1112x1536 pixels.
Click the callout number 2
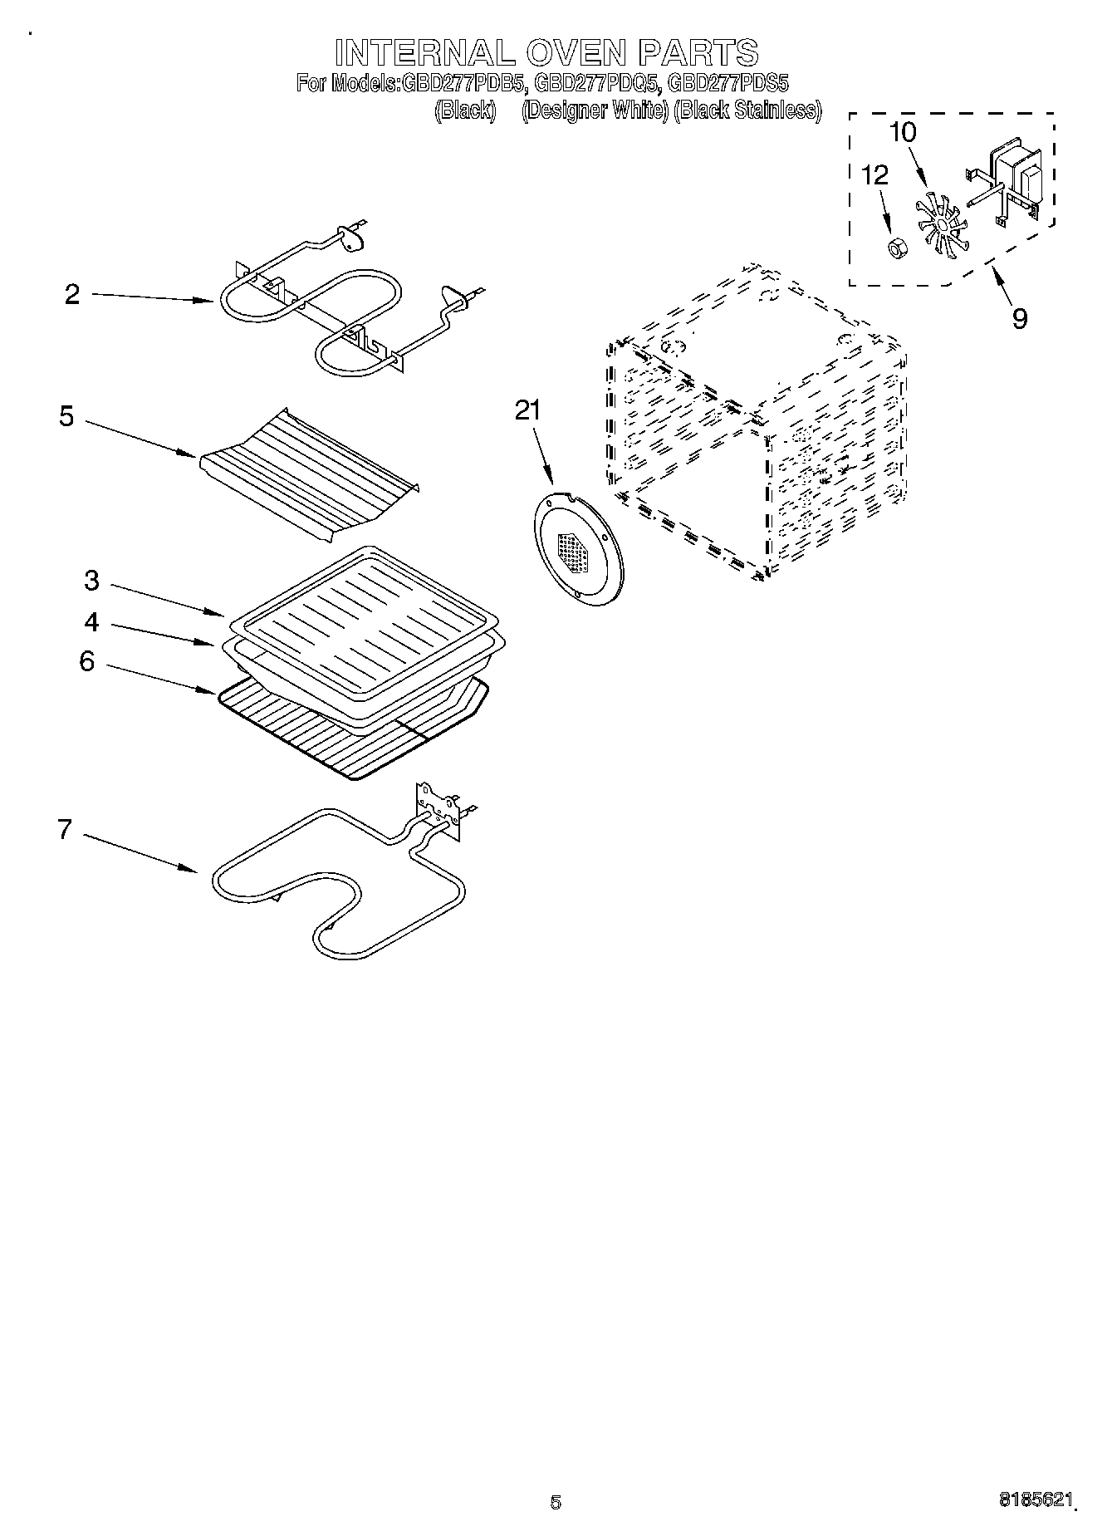[x=72, y=295]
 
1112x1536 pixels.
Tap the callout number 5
[x=66, y=416]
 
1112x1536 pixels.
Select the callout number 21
[x=527, y=410]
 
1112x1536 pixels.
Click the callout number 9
[x=1019, y=318]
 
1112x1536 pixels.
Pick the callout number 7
[x=65, y=829]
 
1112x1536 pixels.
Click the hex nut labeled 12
[x=895, y=247]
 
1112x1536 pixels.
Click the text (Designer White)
[x=595, y=110]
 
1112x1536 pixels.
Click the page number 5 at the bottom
[x=556, y=1501]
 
